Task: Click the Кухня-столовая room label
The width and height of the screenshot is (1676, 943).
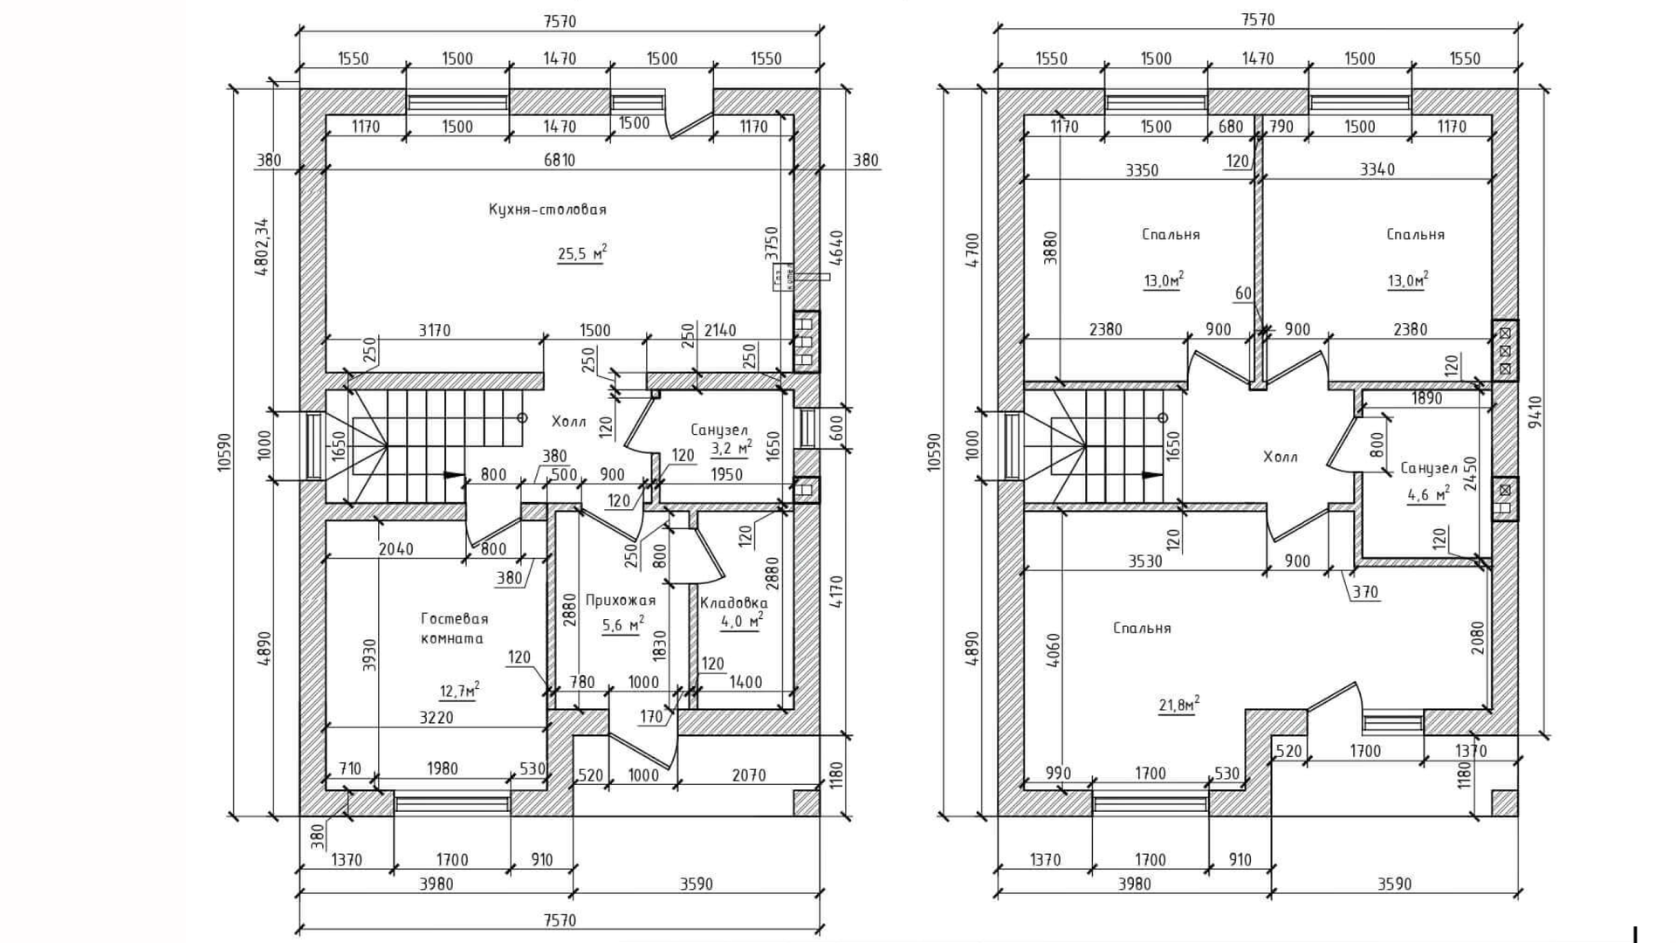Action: [547, 210]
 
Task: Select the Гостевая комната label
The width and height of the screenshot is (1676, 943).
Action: [454, 628]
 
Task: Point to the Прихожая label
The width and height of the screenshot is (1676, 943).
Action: [620, 600]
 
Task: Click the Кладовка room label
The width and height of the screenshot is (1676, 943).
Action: [733, 602]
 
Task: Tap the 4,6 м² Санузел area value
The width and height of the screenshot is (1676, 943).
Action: [1428, 495]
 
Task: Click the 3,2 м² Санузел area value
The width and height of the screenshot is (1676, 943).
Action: [732, 448]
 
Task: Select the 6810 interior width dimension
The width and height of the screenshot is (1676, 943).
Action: [559, 160]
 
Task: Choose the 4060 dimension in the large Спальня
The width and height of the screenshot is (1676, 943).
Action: [1054, 650]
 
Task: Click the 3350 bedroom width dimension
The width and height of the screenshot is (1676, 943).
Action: [1142, 170]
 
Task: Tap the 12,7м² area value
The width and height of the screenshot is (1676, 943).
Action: [459, 691]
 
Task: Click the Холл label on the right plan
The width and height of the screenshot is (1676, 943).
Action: [1280, 457]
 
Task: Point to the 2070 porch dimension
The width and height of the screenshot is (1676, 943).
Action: [749, 774]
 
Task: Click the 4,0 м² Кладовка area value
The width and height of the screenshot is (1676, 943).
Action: [741, 621]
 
